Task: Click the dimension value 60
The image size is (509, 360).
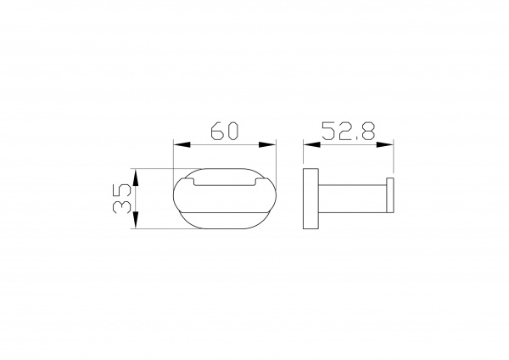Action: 224,131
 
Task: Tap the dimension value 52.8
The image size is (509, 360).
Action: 348,131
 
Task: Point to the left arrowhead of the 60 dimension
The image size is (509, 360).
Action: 182,144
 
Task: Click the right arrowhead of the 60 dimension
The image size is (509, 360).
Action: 267,144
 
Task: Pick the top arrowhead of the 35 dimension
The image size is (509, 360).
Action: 136,177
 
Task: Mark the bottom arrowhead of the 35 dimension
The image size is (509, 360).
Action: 136,220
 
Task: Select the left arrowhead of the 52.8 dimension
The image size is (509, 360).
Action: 311,144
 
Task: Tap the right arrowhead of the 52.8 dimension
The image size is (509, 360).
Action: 384,144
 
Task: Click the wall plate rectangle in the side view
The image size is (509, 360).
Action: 310,199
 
